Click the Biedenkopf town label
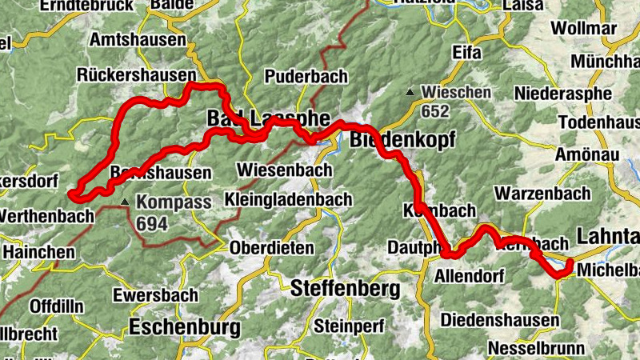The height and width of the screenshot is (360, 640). [x=402, y=141]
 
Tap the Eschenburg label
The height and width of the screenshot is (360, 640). [x=184, y=326]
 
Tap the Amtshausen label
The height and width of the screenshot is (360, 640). [x=138, y=39]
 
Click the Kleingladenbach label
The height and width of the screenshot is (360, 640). [x=288, y=198]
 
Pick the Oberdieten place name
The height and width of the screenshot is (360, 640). [x=272, y=248]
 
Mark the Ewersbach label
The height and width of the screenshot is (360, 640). [x=154, y=295]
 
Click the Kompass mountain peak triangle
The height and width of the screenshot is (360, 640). [x=125, y=202]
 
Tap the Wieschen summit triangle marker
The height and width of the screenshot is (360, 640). [x=410, y=92]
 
